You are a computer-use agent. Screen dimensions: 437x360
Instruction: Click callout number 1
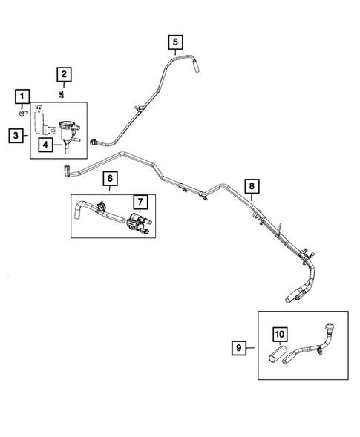(23, 96)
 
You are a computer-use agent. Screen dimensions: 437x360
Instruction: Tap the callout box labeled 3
(16, 135)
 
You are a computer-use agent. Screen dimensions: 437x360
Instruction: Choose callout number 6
(108, 178)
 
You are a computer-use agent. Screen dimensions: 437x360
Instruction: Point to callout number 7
(139, 202)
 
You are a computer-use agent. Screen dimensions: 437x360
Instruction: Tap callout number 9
(240, 346)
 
